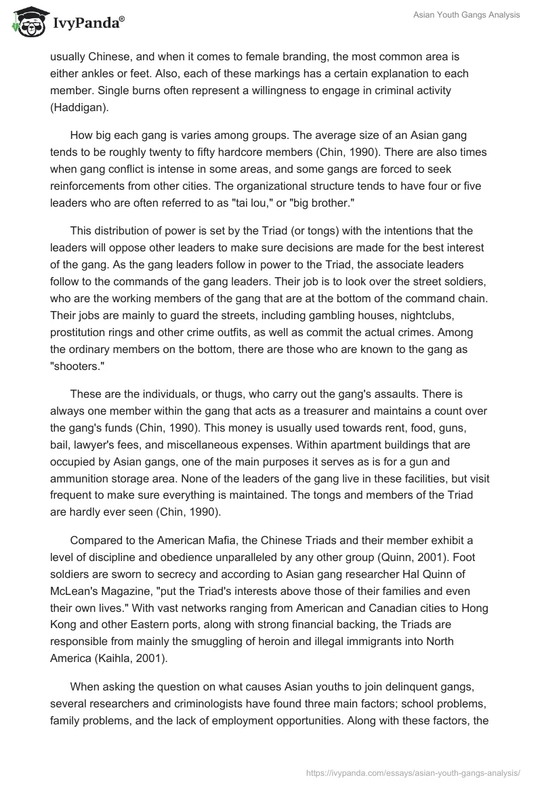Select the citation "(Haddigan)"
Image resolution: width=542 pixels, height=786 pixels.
(79, 108)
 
